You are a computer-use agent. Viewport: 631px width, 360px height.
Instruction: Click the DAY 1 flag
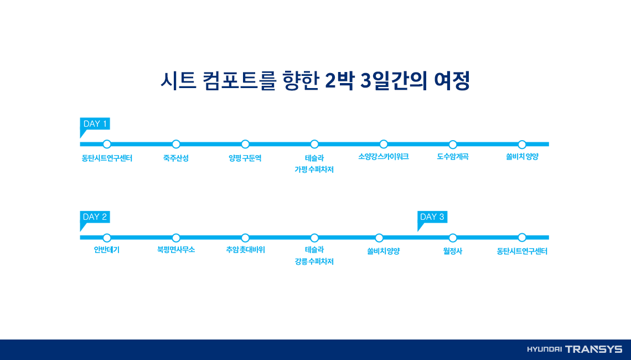pos(95,124)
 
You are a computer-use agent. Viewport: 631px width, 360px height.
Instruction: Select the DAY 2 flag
pos(95,217)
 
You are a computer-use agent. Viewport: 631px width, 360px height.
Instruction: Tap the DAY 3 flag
pos(432,217)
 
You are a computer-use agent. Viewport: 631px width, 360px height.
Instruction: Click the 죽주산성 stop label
pos(176,158)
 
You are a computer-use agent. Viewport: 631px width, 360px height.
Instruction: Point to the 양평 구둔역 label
pos(245,158)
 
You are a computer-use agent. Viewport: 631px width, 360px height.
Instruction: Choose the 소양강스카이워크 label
pos(384,157)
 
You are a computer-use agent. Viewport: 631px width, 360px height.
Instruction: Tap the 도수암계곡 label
pos(453,157)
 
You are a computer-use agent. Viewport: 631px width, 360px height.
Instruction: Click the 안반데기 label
pos(107,250)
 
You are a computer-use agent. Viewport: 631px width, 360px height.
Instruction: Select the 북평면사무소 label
pos(176,250)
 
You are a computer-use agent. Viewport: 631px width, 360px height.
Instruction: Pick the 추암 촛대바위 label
pos(245,250)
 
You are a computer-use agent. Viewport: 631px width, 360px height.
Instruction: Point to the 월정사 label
pos(453,251)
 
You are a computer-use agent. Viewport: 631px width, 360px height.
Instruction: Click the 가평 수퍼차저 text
pos(314,170)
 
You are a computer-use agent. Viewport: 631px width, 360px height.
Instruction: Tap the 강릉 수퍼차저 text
pos(314,263)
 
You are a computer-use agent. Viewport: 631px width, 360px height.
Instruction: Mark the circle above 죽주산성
pos(176,144)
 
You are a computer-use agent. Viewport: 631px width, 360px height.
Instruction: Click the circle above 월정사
pos(453,238)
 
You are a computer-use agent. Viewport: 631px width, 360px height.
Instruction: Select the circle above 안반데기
pos(107,238)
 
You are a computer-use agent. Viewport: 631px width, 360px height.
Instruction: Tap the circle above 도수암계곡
pos(453,144)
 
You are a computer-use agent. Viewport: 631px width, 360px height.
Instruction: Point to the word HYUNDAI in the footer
pos(544,349)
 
